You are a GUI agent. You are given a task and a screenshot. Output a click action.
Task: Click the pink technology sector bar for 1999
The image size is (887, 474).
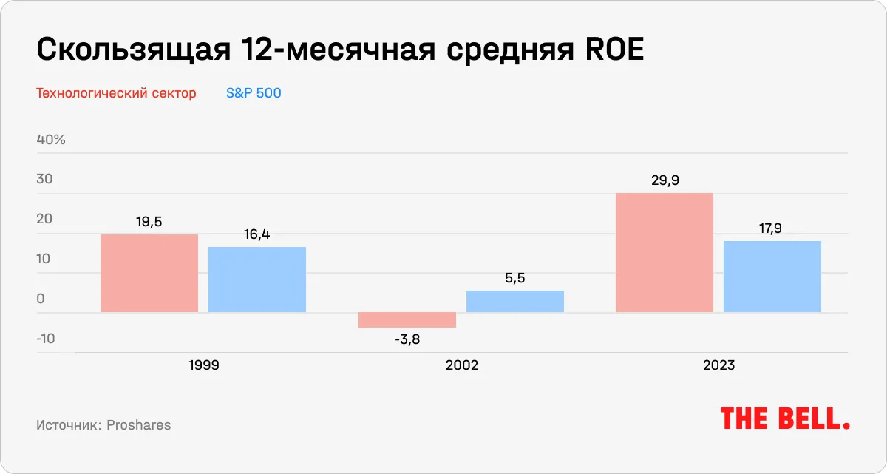pos(149,273)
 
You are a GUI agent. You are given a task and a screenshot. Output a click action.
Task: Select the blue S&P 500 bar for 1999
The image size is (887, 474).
pos(256,279)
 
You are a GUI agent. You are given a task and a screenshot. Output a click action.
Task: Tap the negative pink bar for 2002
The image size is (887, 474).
pos(407,319)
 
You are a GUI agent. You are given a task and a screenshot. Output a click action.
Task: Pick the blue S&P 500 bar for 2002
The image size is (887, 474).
pos(514,301)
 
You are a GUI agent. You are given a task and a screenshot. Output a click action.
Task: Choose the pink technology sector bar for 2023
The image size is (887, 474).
pos(664,252)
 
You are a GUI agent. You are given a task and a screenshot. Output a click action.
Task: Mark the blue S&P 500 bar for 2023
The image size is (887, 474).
pos(772,276)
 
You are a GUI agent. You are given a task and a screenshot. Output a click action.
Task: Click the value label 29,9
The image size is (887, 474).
pos(664,180)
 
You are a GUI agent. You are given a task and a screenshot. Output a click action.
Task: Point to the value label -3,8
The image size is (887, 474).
pos(407,339)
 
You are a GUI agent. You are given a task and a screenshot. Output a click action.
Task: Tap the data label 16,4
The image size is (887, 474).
pos(256,234)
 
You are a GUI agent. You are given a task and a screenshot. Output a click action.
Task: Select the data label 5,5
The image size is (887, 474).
pos(514,278)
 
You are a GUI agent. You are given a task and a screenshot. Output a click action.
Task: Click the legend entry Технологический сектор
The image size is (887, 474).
pos(116,93)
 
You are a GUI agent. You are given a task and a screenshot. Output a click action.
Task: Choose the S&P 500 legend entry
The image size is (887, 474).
pos(254,93)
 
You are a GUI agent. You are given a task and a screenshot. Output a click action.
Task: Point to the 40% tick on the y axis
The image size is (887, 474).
pos(51,140)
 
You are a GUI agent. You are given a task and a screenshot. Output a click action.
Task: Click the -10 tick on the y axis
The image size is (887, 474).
pos(47,339)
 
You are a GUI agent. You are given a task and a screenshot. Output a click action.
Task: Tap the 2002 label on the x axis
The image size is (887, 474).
pos(461,365)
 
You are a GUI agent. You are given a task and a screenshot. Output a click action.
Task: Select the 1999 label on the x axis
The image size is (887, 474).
pos(203,365)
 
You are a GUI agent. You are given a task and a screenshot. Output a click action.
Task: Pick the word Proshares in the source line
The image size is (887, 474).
pos(138,425)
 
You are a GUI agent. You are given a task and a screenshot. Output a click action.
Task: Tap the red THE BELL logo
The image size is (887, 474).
pos(784,419)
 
